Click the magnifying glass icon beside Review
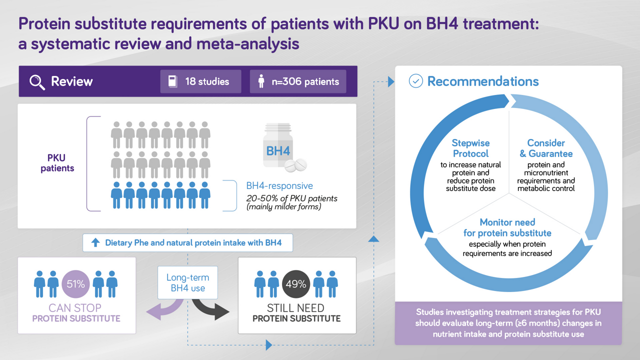coord(37,82)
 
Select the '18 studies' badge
coord(200,81)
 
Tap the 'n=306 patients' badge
coord(298,81)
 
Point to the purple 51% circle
coord(75,284)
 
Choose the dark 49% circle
coord(296,284)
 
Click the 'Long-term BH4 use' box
coord(187,282)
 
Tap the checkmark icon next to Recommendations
coord(415,81)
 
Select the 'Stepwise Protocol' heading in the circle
coord(471,148)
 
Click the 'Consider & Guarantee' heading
coord(546,148)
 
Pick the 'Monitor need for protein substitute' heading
coord(507,227)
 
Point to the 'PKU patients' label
coord(57,163)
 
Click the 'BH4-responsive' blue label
coord(279,185)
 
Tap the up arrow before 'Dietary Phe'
coord(95,242)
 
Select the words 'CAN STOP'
coord(75,308)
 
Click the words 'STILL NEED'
coord(295,308)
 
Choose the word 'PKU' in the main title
coord(383,23)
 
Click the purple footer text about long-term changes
coord(508,323)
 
